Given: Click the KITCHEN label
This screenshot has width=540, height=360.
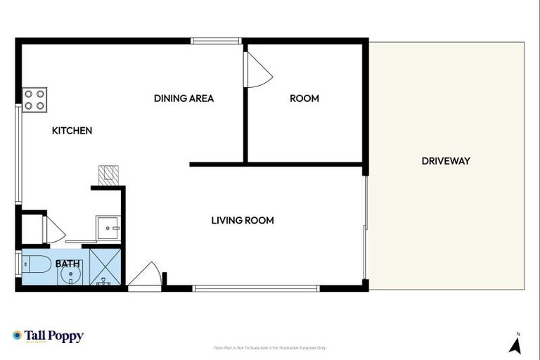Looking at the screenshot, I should pos(72,131).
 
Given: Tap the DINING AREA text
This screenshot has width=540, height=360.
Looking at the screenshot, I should pos(184,98).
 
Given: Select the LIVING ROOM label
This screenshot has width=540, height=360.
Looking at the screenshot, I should pos(243,220).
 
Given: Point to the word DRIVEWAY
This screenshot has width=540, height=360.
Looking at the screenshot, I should pos(446,161).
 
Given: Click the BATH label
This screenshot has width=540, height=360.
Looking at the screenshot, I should pos(67,264).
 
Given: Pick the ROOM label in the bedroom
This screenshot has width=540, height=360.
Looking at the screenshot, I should pos(304,98).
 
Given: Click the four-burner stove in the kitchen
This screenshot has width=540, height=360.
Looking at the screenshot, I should pos(34,99).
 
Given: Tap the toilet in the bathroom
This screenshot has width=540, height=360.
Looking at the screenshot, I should pos(37,266).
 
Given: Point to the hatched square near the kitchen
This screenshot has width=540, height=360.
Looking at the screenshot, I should pos(108,175).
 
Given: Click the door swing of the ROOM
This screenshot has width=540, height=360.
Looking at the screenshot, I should pos(256,70).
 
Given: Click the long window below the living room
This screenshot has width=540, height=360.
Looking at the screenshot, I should pos(256,288).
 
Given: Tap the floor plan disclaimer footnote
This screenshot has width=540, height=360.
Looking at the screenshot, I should pos(269,348).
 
